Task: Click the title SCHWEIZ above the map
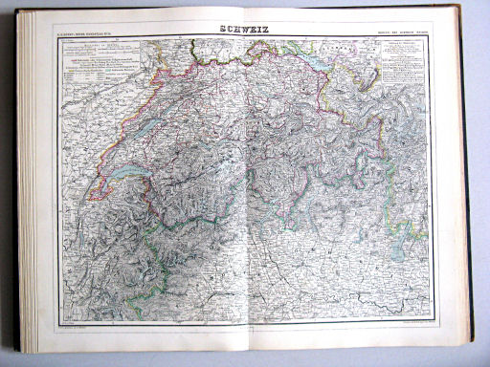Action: (243, 29)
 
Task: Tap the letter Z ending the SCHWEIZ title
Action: (266, 29)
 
